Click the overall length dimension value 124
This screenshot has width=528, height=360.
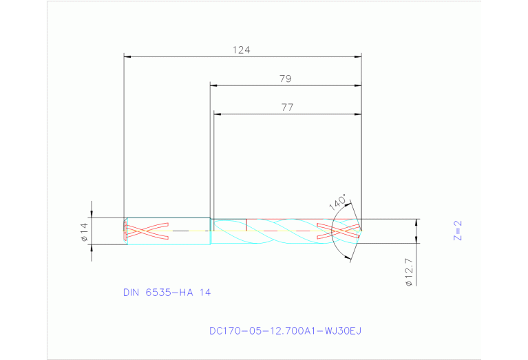click(241, 50)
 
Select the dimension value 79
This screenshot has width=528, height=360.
click(285, 78)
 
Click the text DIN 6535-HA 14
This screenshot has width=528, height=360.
click(167, 292)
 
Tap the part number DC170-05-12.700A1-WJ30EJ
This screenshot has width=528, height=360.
click(285, 331)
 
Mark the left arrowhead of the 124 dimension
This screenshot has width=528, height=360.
click(127, 57)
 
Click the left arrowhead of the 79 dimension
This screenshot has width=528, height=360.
click(214, 86)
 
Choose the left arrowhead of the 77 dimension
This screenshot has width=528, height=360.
click(218, 114)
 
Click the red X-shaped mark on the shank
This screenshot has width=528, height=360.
click(147, 231)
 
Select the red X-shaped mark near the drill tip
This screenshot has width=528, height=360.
click(337, 231)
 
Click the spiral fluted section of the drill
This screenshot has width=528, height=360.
click(275, 231)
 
